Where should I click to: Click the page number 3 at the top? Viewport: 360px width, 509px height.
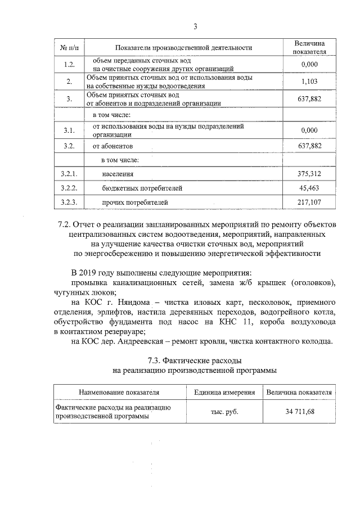pyautogui.click(x=195, y=26)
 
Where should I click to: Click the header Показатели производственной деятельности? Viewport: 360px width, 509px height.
pyautogui.click(x=183, y=48)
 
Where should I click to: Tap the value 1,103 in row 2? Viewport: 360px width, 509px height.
pyautogui.click(x=310, y=82)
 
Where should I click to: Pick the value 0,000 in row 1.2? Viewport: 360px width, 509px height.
pyautogui.click(x=310, y=65)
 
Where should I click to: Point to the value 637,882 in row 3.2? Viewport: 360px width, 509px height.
pyautogui.click(x=310, y=146)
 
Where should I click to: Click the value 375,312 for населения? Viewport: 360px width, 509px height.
pyautogui.click(x=310, y=174)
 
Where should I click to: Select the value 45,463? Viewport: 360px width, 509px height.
pyautogui.click(x=310, y=188)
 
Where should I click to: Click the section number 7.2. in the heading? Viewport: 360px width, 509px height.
pyautogui.click(x=66, y=224)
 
